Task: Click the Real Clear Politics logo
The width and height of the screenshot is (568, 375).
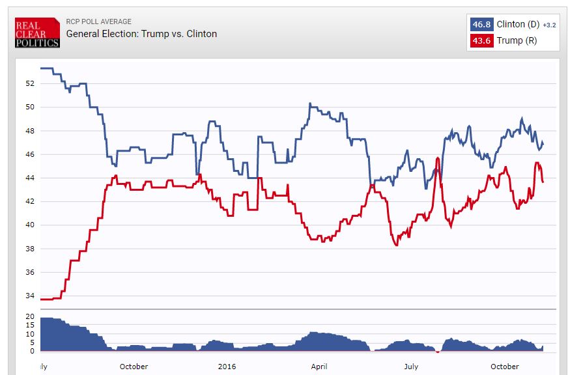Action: point(37,33)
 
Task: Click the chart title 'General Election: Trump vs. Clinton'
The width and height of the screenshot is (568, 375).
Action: point(141,34)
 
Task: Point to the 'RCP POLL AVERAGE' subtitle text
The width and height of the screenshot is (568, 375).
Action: point(99,22)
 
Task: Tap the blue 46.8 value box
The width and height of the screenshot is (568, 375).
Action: point(481,25)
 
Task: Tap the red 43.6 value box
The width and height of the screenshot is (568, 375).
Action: point(481,40)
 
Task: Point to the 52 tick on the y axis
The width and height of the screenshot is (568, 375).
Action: point(30,83)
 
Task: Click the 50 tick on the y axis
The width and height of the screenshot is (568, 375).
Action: point(30,107)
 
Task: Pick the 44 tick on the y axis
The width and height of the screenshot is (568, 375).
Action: point(30,178)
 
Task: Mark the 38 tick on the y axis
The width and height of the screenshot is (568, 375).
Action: point(30,249)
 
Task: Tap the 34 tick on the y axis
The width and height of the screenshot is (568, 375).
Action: point(30,296)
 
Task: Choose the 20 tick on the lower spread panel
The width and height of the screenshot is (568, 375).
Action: point(30,316)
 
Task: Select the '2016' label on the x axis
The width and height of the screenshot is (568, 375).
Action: point(227,367)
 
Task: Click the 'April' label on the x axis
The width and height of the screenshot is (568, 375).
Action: point(319,367)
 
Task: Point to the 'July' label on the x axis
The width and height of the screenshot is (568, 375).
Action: point(411,367)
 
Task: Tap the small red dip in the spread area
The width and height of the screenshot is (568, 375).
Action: point(438,352)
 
